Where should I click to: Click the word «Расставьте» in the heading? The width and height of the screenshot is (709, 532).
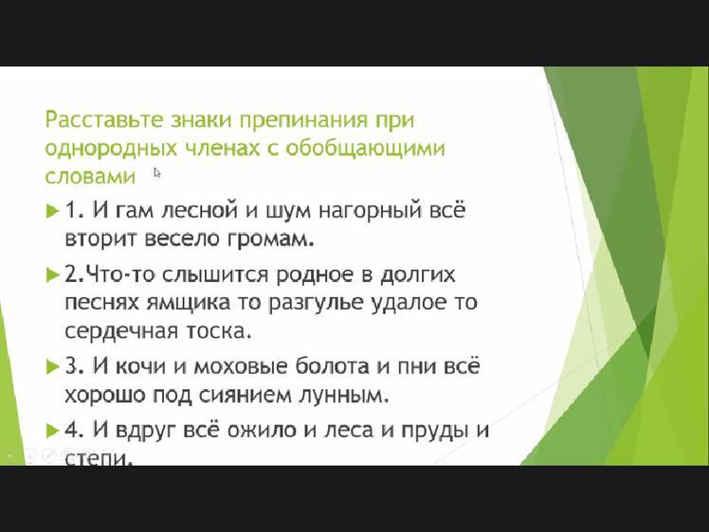click(x=103, y=119)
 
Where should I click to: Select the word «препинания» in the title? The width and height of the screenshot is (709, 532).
click(x=303, y=121)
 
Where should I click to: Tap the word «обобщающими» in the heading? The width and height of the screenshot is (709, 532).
click(x=365, y=149)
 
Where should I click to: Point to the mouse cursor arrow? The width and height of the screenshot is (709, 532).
click(x=157, y=173)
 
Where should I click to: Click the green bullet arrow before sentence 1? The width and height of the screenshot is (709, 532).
click(x=52, y=211)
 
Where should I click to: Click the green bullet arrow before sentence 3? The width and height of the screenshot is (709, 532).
click(x=52, y=366)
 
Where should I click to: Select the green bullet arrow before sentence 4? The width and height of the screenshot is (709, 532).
click(x=52, y=431)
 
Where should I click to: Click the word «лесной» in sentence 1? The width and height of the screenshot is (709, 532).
click(x=199, y=210)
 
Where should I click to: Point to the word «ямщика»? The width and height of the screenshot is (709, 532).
click(x=188, y=304)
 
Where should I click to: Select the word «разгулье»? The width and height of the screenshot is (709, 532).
click(x=315, y=304)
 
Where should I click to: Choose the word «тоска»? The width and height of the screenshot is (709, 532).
click(x=218, y=332)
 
